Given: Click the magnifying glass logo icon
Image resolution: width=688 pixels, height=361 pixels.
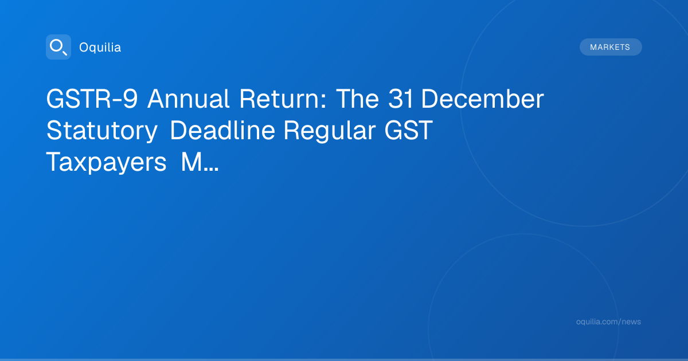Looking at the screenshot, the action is tap(58, 47).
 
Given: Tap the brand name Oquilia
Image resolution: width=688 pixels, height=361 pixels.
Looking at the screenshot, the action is tap(100, 48).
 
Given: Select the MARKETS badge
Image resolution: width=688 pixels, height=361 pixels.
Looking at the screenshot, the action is tap(611, 47).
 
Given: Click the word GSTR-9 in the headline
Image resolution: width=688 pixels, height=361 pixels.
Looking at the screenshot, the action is tap(92, 99).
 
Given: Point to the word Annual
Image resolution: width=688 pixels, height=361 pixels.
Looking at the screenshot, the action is tap(188, 99).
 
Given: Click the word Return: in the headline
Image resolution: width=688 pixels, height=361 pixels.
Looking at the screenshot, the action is tap(283, 99).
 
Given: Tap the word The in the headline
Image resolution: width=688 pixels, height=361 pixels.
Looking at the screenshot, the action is tap(358, 99).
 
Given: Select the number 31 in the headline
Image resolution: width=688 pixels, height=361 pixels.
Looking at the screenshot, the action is tap(401, 99).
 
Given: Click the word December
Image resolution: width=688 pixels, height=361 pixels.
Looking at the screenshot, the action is tap(483, 99).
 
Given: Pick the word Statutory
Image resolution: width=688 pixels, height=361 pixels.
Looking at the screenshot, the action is tap(102, 131).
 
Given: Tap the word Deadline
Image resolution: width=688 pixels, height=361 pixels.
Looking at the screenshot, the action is tap(222, 131).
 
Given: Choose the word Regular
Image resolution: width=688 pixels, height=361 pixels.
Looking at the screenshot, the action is tap(330, 131).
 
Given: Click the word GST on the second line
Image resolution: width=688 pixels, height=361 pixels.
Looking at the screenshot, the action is tap(409, 131).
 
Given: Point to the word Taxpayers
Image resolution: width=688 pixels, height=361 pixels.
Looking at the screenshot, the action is tap(106, 162).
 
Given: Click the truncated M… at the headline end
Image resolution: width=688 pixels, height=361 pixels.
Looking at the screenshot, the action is tap(200, 162).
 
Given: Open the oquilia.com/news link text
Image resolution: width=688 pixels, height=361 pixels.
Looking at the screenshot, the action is tap(608, 321).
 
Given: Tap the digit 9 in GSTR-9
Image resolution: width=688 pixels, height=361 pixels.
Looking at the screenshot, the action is tap(130, 99).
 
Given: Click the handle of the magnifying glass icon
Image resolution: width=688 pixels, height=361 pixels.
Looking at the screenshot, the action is tap(65, 53).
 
